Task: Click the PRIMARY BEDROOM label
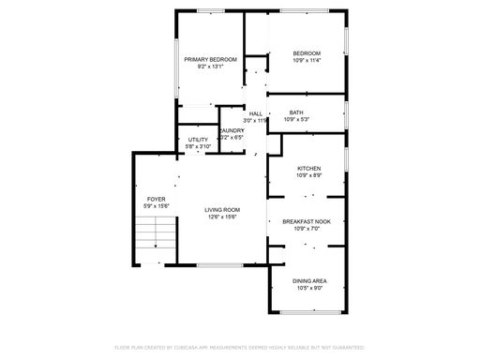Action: click(210, 59)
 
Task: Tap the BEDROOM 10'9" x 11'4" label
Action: click(307, 53)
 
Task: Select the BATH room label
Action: click(296, 112)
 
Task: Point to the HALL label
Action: click(255, 113)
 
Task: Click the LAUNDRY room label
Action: click(232, 130)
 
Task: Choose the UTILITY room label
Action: click(198, 140)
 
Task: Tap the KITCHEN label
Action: click(308, 169)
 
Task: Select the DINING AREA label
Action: click(308, 280)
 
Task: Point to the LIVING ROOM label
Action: click(223, 210)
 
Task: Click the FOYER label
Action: click(155, 198)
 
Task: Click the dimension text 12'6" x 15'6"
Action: click(223, 217)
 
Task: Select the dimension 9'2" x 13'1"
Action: click(210, 67)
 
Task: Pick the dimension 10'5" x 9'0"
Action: click(308, 288)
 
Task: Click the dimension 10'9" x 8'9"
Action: click(308, 176)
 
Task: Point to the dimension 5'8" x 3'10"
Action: click(198, 147)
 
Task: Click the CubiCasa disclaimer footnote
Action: click(239, 346)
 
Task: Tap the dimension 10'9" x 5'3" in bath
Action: click(296, 120)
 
